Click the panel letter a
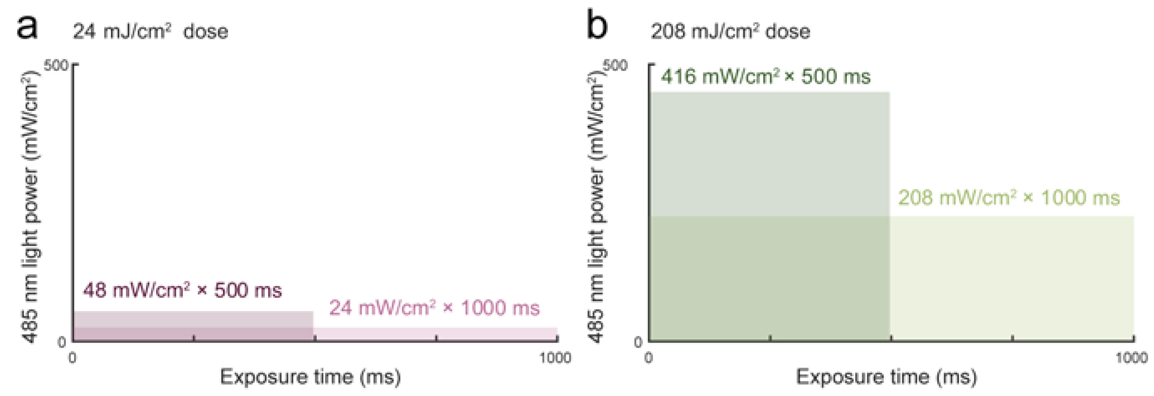pos(27,28)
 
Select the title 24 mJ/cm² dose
pos(151,32)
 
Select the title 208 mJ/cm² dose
pos(730,32)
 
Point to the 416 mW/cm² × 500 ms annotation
pos(766,77)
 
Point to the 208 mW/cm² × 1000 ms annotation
pos(1009,197)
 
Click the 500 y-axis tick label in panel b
pos(615,65)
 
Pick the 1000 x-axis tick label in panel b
pos(1131,358)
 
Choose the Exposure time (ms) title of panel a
pos(310,377)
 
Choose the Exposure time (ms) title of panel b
pos(886,377)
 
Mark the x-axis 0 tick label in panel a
pos(72,358)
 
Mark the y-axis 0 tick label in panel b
pos(638,342)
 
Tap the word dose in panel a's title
pos(205,32)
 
